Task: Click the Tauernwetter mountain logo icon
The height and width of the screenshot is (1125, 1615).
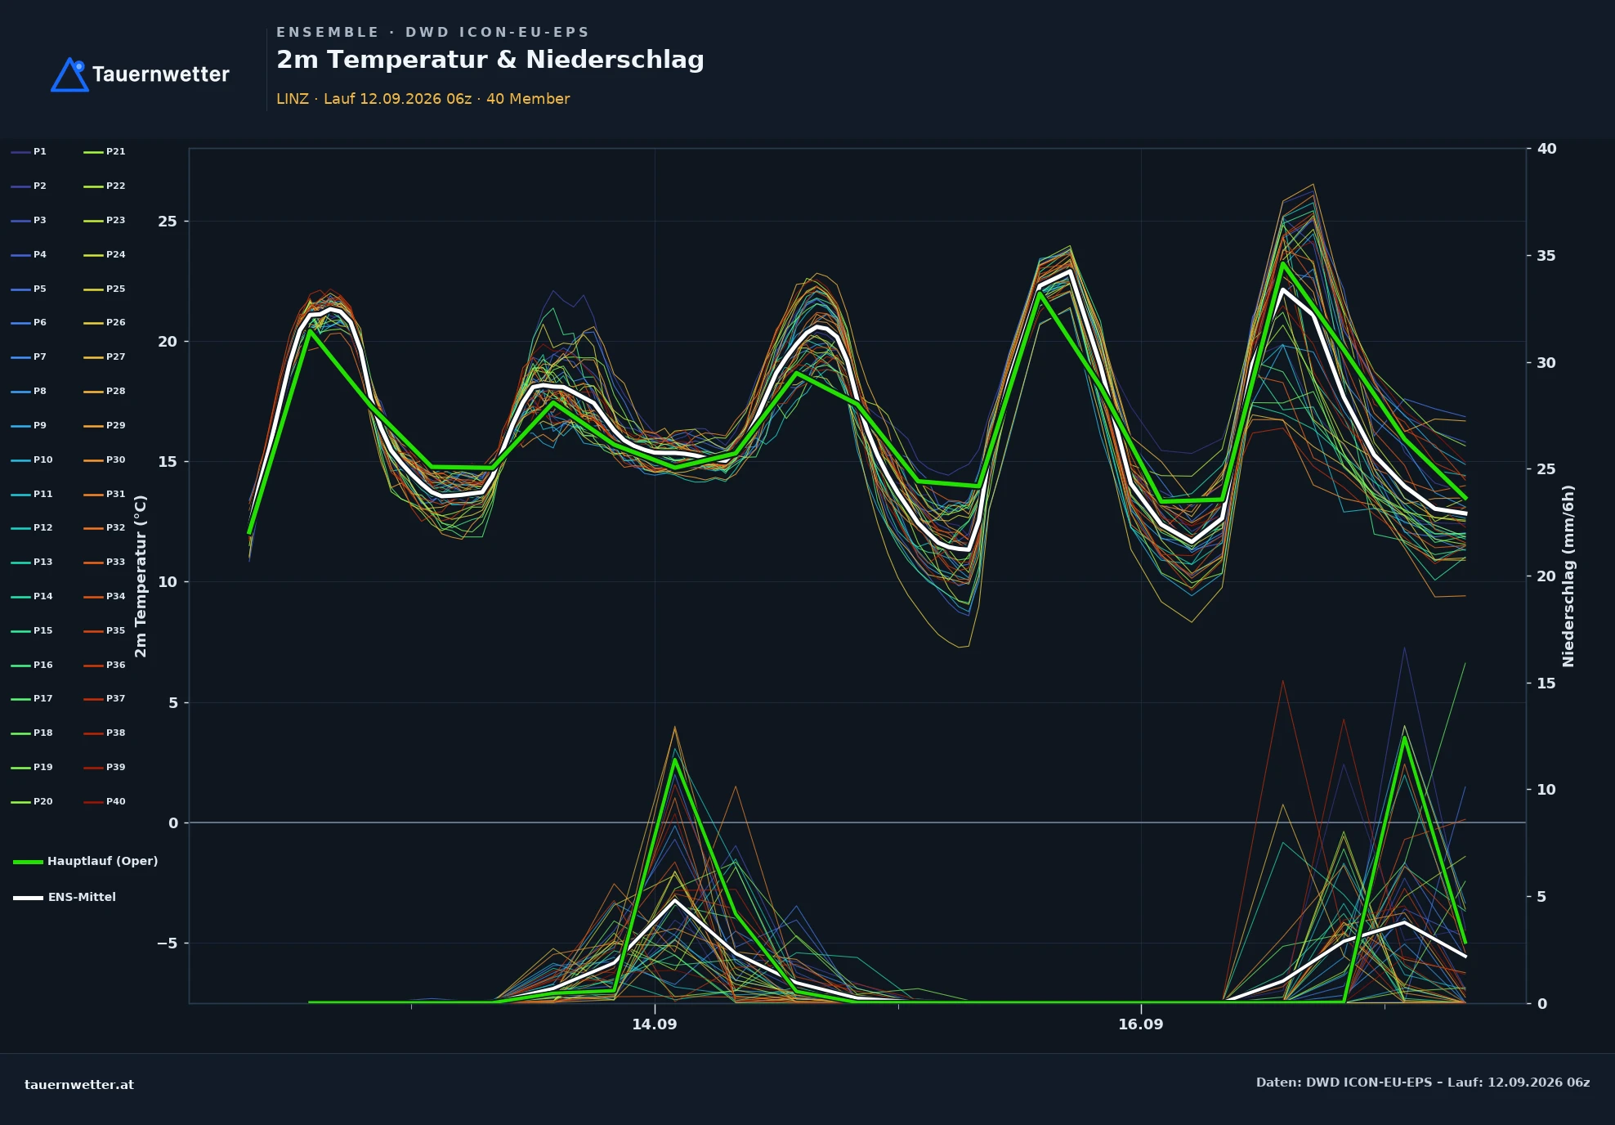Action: pos(69,74)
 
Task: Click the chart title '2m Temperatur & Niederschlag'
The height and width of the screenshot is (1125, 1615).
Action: pos(490,60)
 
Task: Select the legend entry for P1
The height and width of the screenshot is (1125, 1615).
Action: pos(29,151)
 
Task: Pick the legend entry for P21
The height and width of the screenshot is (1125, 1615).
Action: pos(105,151)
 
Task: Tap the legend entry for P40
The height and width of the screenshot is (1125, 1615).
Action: pos(105,801)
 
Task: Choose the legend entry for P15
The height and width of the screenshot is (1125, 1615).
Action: pos(32,630)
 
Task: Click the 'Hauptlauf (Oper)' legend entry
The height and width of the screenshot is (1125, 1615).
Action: pos(86,861)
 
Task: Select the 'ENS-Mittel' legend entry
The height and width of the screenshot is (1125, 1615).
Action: pos(65,897)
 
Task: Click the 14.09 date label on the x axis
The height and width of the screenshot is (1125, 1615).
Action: pos(655,1024)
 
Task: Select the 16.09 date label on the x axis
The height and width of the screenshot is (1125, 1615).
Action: pos(1141,1024)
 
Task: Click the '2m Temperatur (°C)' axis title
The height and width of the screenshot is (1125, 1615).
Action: pos(141,576)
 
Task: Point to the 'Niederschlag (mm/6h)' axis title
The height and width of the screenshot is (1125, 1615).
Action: pos(1568,576)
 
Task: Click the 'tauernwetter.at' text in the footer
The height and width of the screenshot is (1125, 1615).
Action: pos(79,1085)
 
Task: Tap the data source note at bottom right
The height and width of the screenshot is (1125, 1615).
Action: pos(1423,1082)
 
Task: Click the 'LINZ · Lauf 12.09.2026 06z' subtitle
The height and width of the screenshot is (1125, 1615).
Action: pos(374,99)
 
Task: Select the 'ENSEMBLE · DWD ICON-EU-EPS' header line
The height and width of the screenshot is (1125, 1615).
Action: pos(432,33)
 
